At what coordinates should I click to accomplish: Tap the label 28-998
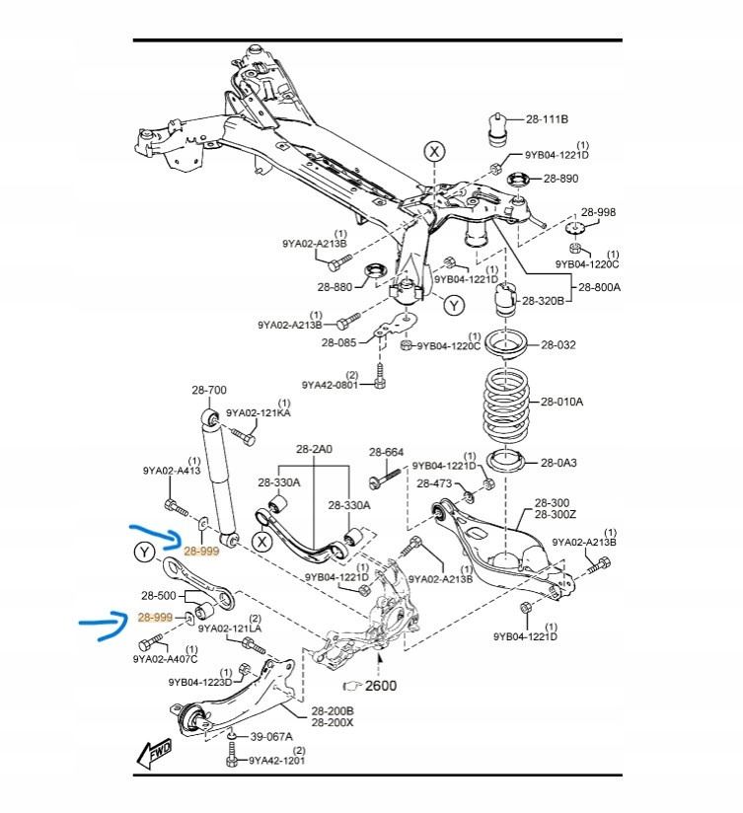pos(597,212)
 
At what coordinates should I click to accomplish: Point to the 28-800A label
pos(600,287)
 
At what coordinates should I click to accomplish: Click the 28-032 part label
pos(558,345)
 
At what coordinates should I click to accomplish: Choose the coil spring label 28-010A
pos(561,402)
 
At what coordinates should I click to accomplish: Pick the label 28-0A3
pos(558,462)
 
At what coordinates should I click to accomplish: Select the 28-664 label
pos(387,452)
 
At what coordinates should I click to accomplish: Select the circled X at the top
pos(434,151)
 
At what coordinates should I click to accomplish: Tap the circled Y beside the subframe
pos(453,306)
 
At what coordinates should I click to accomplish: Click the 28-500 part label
pos(158,596)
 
